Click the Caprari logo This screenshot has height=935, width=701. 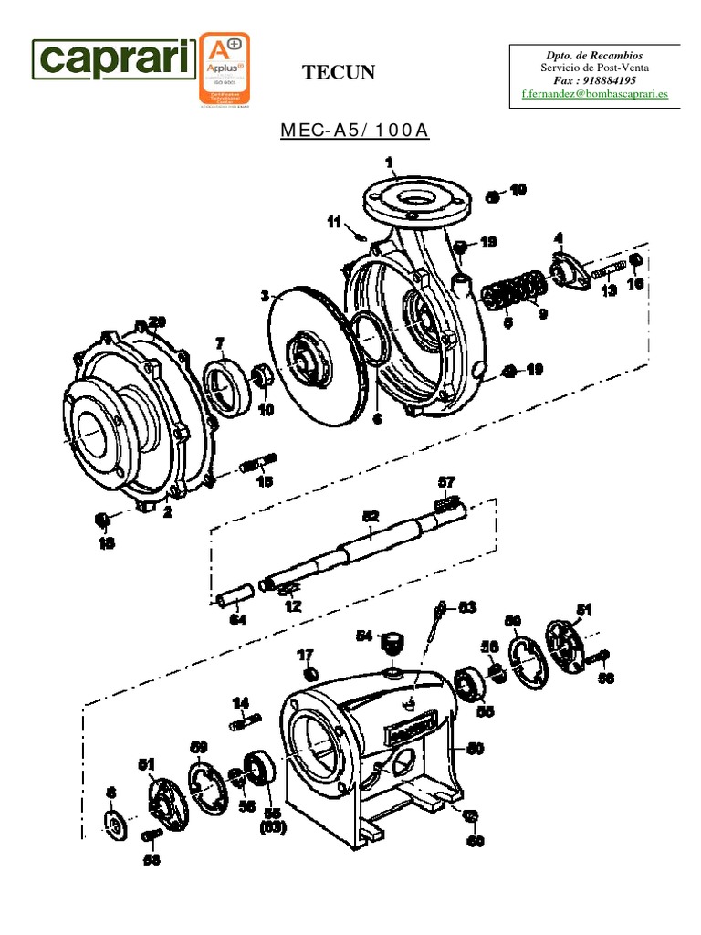pos(114,60)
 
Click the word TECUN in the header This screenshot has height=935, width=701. pos(339,73)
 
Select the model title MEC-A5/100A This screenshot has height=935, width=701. pos(354,130)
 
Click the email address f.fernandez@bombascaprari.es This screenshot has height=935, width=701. pos(593,94)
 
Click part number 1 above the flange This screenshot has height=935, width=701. pos(390,163)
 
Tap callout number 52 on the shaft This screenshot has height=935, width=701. pos(370,516)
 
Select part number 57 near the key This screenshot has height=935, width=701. pos(446,481)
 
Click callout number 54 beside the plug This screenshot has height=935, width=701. pos(364,636)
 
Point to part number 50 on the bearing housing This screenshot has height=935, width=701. pos(475,749)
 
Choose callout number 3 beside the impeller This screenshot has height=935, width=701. pos(265,296)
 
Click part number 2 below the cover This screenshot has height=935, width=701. pos(167,512)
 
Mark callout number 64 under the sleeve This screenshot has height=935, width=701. pos(237,620)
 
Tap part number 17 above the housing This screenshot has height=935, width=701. pos(305,655)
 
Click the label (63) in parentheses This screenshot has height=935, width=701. pos(273,827)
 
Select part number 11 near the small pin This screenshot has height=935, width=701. pos(334,221)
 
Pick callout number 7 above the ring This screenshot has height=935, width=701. pos(219,342)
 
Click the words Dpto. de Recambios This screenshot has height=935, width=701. pos(594,56)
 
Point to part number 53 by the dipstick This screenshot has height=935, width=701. pos(466,605)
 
